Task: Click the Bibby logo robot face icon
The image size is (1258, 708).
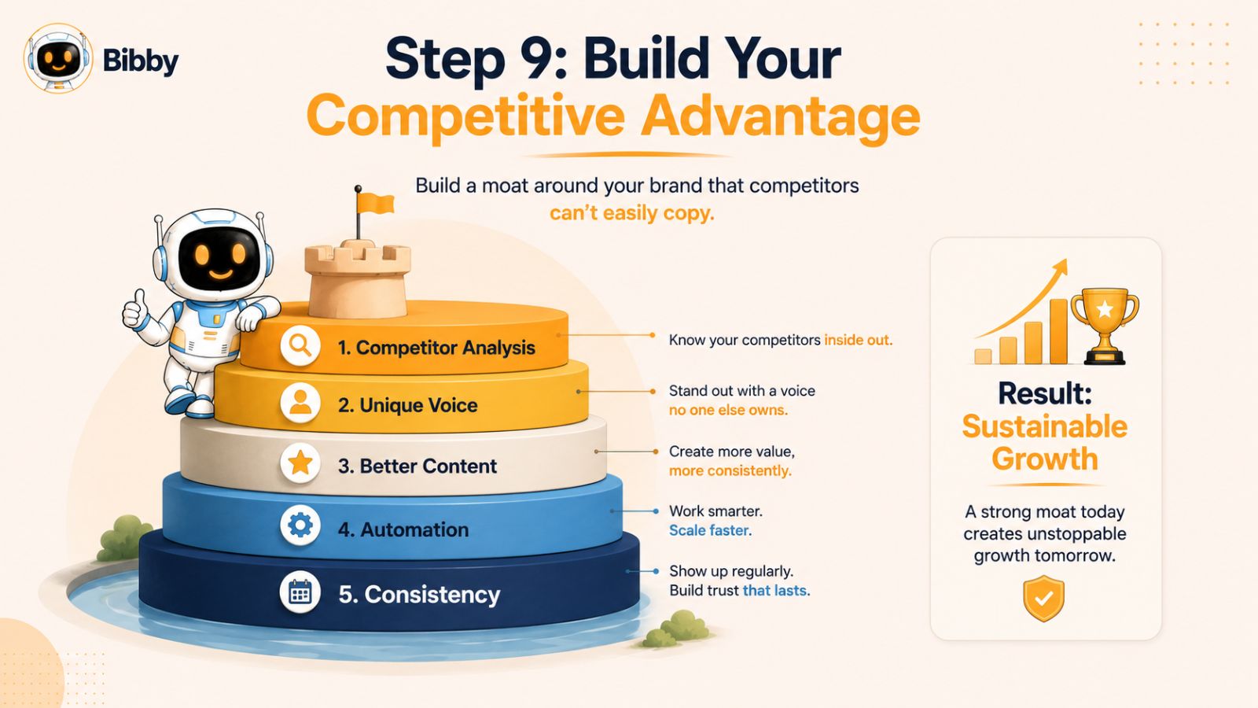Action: coord(58,58)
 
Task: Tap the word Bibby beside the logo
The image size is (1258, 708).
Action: coord(141,60)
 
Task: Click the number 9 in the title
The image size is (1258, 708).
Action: coord(535,58)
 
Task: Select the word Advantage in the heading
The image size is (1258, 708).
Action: coord(781,117)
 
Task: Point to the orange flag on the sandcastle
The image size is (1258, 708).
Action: coord(375,203)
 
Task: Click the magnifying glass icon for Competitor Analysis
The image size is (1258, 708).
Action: coord(300,345)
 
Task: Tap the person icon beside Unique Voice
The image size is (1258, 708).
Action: coord(300,403)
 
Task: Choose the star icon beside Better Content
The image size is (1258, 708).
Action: coord(300,463)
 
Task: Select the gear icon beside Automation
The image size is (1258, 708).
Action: coord(300,525)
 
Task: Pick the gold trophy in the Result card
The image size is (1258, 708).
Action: coord(1105,326)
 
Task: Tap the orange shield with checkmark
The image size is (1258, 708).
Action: coord(1044,598)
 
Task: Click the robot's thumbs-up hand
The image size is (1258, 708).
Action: coord(134,309)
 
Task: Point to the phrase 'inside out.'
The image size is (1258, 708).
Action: coord(858,340)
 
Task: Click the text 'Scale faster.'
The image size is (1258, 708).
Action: coord(710,530)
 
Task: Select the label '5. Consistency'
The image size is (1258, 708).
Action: coord(419,595)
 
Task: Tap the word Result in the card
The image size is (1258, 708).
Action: coord(1045,393)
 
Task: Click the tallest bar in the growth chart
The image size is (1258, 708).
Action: coord(1058,331)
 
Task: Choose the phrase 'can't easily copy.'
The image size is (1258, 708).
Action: coord(632,213)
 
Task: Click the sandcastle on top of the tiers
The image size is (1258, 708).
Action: coord(358,278)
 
